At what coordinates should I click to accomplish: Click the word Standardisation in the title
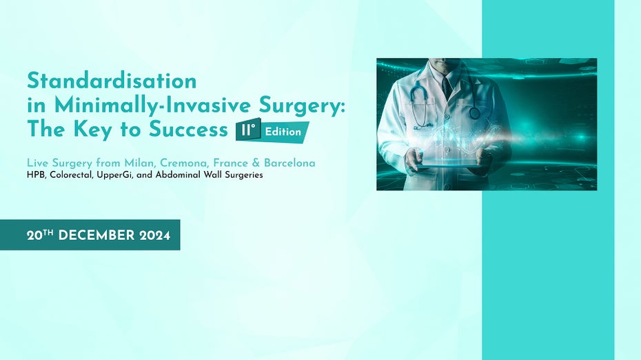112,81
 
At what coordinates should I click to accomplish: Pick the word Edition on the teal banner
284,131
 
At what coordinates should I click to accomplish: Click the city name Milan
140,163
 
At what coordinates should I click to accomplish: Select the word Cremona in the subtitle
185,163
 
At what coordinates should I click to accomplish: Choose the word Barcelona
290,163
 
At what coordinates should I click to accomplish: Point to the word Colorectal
72,175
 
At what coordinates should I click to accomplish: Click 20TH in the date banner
41,235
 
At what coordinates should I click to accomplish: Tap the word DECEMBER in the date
96,235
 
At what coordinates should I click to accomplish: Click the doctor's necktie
447,88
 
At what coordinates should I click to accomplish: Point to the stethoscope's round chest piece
475,112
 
